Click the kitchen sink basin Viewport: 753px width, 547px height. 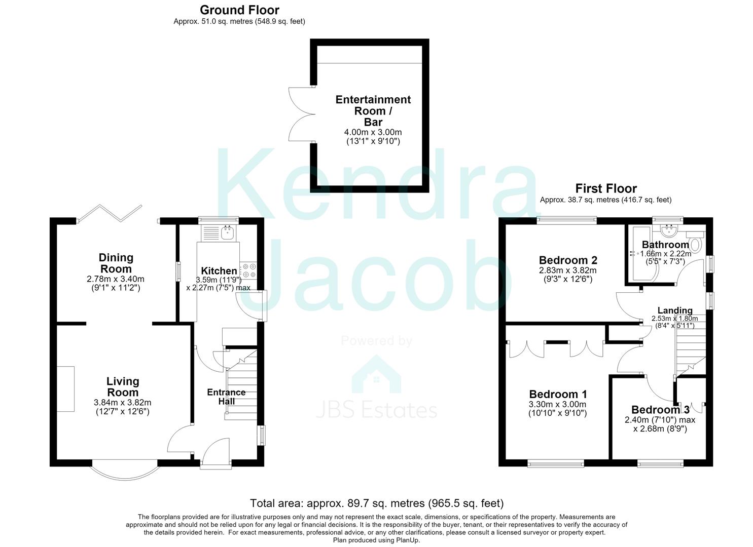pos(228,232)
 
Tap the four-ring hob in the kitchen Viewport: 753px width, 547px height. pos(248,270)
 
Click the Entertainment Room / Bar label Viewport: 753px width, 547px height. pos(373,111)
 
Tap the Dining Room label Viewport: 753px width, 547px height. pos(116,263)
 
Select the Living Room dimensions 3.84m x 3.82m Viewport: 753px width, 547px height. pos(123,402)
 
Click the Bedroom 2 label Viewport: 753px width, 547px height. pos(568,260)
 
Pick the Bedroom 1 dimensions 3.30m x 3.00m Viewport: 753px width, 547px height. pos(558,404)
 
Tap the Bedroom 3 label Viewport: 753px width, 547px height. pos(661,410)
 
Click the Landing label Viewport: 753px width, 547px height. pos(675,310)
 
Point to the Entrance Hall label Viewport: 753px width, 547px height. pos(226,397)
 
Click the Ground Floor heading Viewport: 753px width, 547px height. pos(239,10)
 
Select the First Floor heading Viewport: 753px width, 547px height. pos(606,188)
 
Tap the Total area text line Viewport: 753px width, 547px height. pos(377,503)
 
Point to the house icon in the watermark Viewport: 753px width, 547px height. pos(376,374)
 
